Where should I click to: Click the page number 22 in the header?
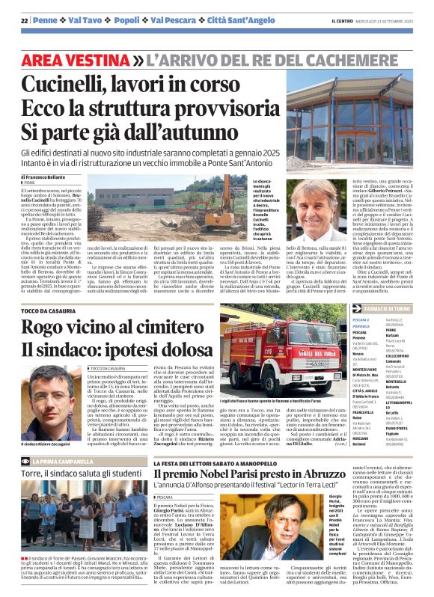(24, 20)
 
